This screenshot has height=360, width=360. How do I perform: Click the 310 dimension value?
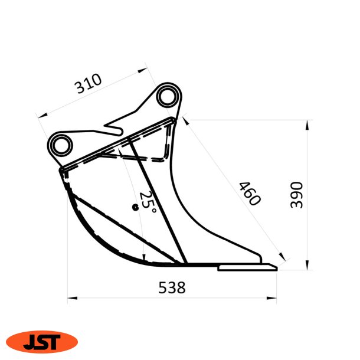point(89,85)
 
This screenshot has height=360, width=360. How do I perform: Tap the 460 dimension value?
point(250,194)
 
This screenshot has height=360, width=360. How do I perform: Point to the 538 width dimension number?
point(172,288)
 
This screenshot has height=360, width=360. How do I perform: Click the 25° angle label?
point(148,202)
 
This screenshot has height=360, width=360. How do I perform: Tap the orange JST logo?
point(42,341)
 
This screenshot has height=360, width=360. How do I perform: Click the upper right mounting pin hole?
point(168,97)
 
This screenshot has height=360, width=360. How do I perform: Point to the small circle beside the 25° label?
point(135,207)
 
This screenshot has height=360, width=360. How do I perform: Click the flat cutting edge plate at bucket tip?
point(247,268)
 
